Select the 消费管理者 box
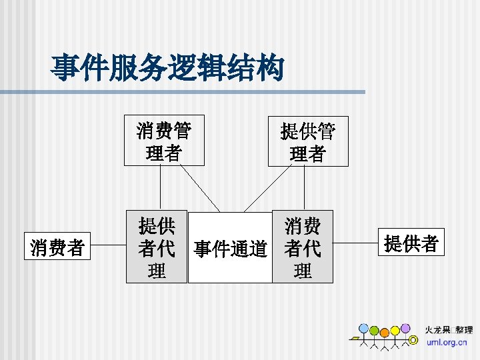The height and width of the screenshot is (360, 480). (164, 139)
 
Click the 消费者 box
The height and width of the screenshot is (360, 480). (57, 248)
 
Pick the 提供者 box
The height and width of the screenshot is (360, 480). (411, 244)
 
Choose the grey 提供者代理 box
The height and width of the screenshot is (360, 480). (157, 248)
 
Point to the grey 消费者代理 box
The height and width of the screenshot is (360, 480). (302, 248)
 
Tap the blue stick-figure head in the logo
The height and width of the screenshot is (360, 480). (363, 329)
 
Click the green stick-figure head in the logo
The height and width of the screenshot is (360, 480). (375, 331)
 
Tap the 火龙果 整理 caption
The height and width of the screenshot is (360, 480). (449, 330)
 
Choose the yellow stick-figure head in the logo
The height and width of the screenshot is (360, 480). (395, 331)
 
